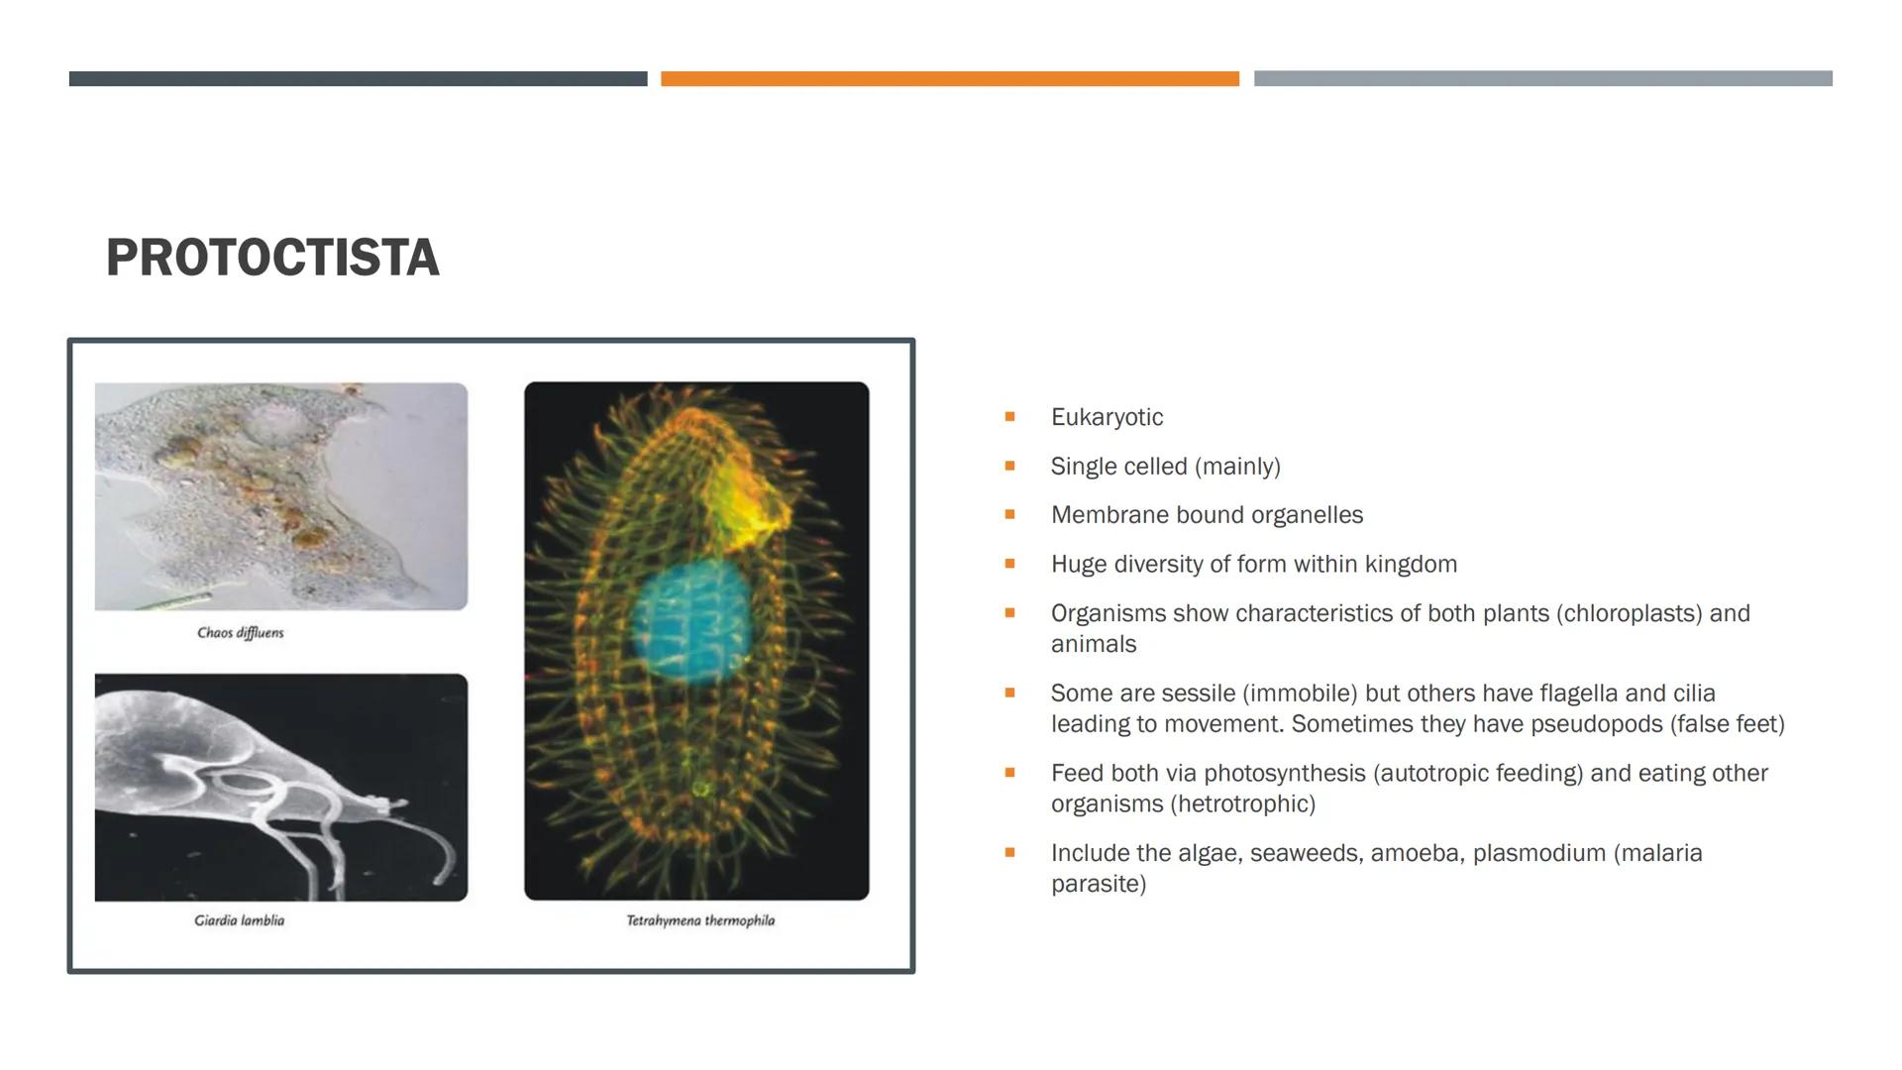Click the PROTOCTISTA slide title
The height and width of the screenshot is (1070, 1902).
click(x=272, y=258)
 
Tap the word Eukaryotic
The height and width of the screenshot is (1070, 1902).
click(x=1107, y=417)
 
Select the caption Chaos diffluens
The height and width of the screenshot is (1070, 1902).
click(x=241, y=633)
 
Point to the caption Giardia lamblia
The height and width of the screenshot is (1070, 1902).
click(x=240, y=920)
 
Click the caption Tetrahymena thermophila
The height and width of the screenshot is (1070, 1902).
click(x=700, y=920)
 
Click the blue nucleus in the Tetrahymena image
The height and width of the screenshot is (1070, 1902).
click(x=691, y=621)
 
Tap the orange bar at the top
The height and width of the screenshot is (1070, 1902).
click(x=950, y=78)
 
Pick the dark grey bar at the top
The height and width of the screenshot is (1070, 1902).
click(x=358, y=78)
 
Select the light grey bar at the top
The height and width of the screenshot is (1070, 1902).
click(x=1543, y=78)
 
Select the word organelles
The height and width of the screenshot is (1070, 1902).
click(x=1307, y=515)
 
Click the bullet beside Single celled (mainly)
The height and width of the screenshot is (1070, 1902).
click(x=1009, y=466)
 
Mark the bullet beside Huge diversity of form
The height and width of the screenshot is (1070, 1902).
click(x=1009, y=564)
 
